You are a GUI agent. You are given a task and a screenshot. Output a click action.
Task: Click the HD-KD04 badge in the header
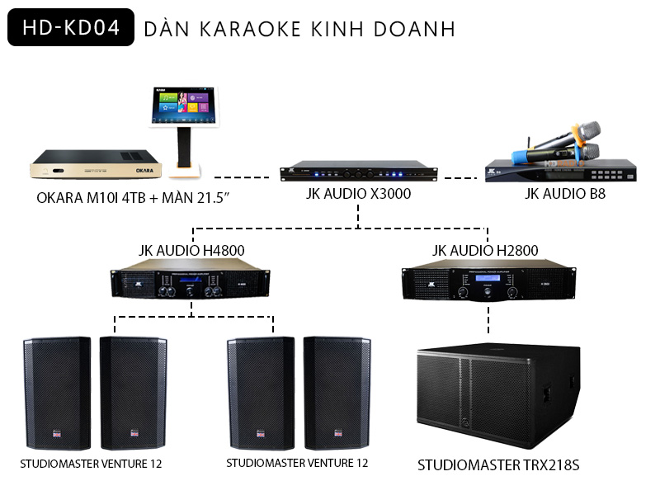pos(64,27)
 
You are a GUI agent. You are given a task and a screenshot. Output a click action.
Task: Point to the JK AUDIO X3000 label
pos(357,194)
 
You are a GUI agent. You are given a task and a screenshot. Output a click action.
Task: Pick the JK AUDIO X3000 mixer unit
pos(356,172)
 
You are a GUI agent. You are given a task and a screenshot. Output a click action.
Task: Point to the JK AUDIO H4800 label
pos(191,250)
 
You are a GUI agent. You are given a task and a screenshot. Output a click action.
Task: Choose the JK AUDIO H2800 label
pos(487,250)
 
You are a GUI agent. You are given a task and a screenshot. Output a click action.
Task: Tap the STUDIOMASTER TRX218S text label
pos(498,466)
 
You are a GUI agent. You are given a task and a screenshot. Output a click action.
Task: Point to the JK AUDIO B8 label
pos(565,195)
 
